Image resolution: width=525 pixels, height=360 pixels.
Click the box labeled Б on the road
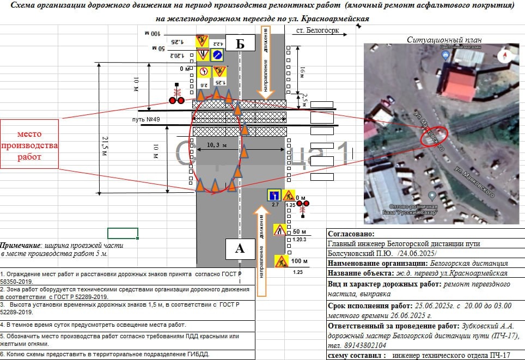pos(240,44)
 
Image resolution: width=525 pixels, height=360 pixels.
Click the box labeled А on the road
pos(240,248)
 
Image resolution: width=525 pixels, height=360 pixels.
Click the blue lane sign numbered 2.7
pos(274,196)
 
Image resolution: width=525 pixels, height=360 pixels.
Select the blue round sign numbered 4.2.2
pos(217,54)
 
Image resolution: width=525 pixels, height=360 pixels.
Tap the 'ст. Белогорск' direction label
pos(319,31)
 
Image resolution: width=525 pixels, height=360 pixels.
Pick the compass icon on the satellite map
pos(506,53)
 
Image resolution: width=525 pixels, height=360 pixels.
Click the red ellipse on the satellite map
pos(434,135)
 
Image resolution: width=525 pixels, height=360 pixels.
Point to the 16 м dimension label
pos(303,71)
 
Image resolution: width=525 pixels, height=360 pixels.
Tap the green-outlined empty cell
pos(123,233)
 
